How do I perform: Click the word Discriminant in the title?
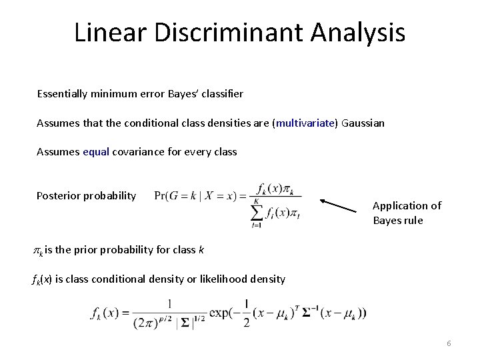tap(215, 32)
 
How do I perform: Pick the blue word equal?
tap(96, 151)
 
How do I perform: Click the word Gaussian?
tap(363, 123)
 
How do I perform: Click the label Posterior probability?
tap(86, 195)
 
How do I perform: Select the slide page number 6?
tap(449, 343)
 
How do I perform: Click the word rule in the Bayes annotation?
tap(411, 220)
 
